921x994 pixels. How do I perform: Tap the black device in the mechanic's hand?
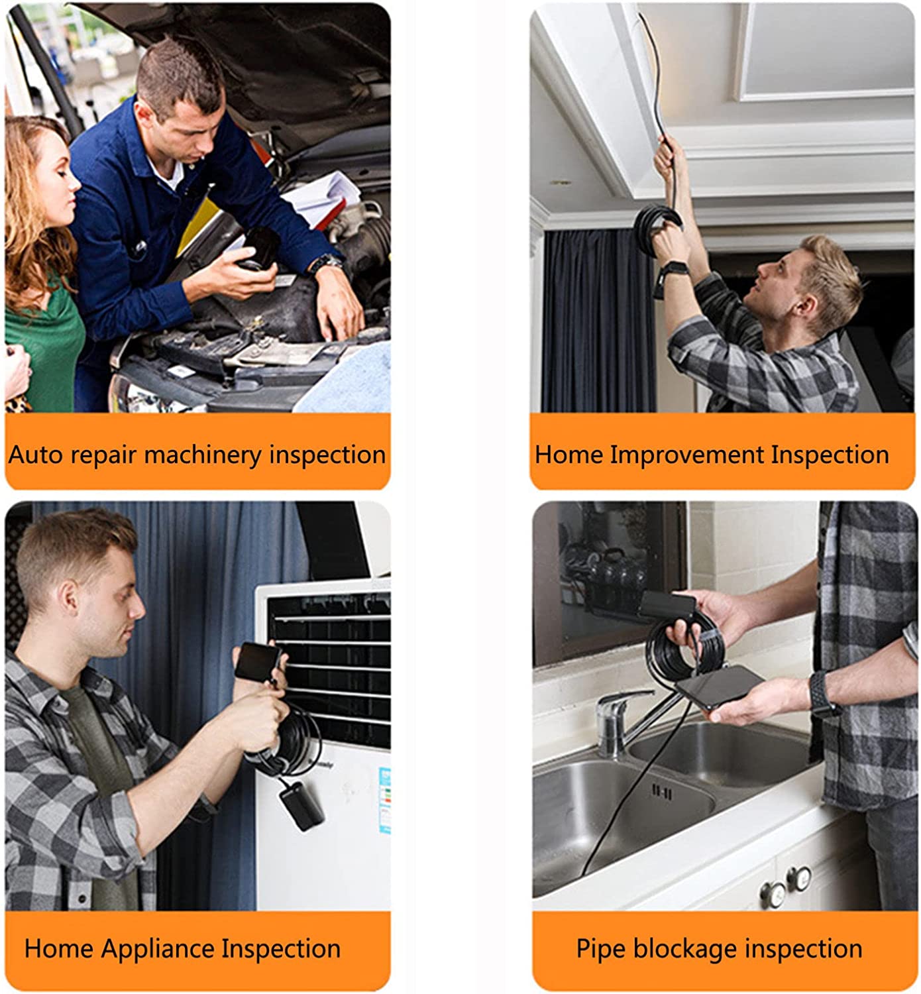tap(258, 248)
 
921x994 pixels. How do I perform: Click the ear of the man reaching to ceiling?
tap(804, 305)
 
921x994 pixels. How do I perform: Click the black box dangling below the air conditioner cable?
tap(301, 805)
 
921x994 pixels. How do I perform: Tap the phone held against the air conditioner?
tap(257, 661)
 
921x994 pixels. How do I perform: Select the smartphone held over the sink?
tap(720, 686)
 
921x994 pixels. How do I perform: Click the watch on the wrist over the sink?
tap(822, 694)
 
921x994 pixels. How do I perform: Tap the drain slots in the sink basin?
tap(661, 791)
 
